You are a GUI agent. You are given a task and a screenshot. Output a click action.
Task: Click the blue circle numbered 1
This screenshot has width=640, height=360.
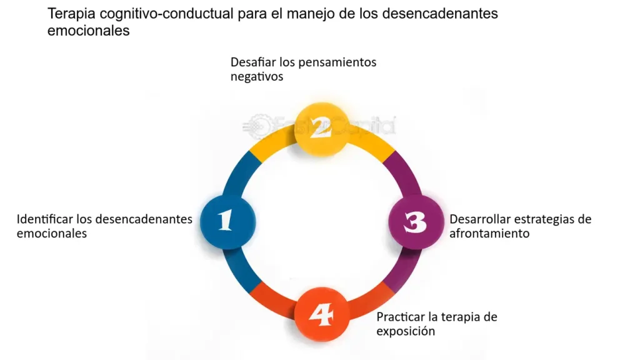click(227, 222)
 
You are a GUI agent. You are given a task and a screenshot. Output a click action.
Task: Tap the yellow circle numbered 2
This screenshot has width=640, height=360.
click(322, 129)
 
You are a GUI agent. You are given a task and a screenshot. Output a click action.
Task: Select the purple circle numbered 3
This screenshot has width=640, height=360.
click(416, 222)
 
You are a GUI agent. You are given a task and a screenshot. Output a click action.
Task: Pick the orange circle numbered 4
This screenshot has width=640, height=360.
click(322, 314)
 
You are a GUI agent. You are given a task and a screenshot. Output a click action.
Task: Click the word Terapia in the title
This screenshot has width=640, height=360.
click(71, 14)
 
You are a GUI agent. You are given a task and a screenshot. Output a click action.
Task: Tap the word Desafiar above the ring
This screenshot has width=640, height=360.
click(253, 62)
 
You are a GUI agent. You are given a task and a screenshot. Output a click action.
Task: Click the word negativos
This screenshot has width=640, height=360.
click(257, 76)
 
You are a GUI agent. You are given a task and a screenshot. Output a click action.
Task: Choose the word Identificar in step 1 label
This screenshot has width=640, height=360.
click(44, 219)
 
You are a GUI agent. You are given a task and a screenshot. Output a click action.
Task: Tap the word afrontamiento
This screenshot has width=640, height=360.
click(489, 234)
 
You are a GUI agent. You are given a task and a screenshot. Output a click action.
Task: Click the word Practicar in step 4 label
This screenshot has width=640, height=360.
click(401, 317)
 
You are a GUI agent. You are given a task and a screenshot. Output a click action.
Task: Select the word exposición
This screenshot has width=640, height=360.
click(406, 331)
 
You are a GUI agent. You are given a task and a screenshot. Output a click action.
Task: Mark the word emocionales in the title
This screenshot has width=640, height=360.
click(89, 31)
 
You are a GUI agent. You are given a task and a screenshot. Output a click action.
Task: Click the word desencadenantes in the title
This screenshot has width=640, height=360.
click(441, 14)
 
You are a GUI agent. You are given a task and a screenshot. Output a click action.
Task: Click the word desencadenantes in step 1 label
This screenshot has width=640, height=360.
click(146, 219)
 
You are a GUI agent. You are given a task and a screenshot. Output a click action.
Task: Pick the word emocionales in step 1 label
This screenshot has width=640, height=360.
click(52, 234)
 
